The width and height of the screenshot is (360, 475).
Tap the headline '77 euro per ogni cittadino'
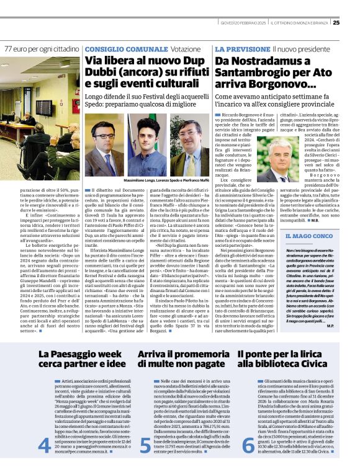coord(42,48)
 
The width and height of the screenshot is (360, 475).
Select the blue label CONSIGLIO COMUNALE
coord(118,48)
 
